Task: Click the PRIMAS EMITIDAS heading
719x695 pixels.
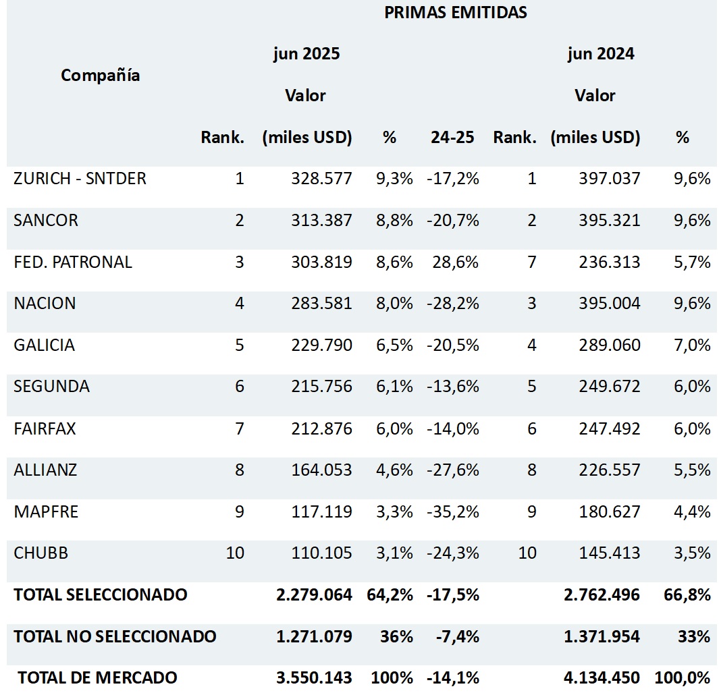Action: tap(456, 12)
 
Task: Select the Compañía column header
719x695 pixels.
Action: tap(101, 75)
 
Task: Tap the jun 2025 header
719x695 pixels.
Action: tap(306, 54)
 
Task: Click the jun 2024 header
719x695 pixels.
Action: tap(601, 54)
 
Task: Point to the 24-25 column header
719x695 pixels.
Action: tap(452, 138)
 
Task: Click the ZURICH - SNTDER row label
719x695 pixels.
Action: tap(80, 179)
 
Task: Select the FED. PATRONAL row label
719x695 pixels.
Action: tap(73, 262)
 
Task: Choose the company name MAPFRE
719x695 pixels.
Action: tap(46, 511)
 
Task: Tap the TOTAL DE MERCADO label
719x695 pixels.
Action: tap(97, 677)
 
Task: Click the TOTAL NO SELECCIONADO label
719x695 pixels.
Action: tap(115, 636)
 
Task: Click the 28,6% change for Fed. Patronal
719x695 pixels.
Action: tap(456, 262)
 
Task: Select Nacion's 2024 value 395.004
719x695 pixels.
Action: tap(609, 304)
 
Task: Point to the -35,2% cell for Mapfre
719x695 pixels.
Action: tap(452, 511)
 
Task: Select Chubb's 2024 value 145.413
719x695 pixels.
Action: tap(609, 553)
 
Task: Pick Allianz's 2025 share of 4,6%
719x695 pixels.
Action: tap(394, 470)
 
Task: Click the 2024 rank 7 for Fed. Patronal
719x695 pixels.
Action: tap(531, 262)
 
